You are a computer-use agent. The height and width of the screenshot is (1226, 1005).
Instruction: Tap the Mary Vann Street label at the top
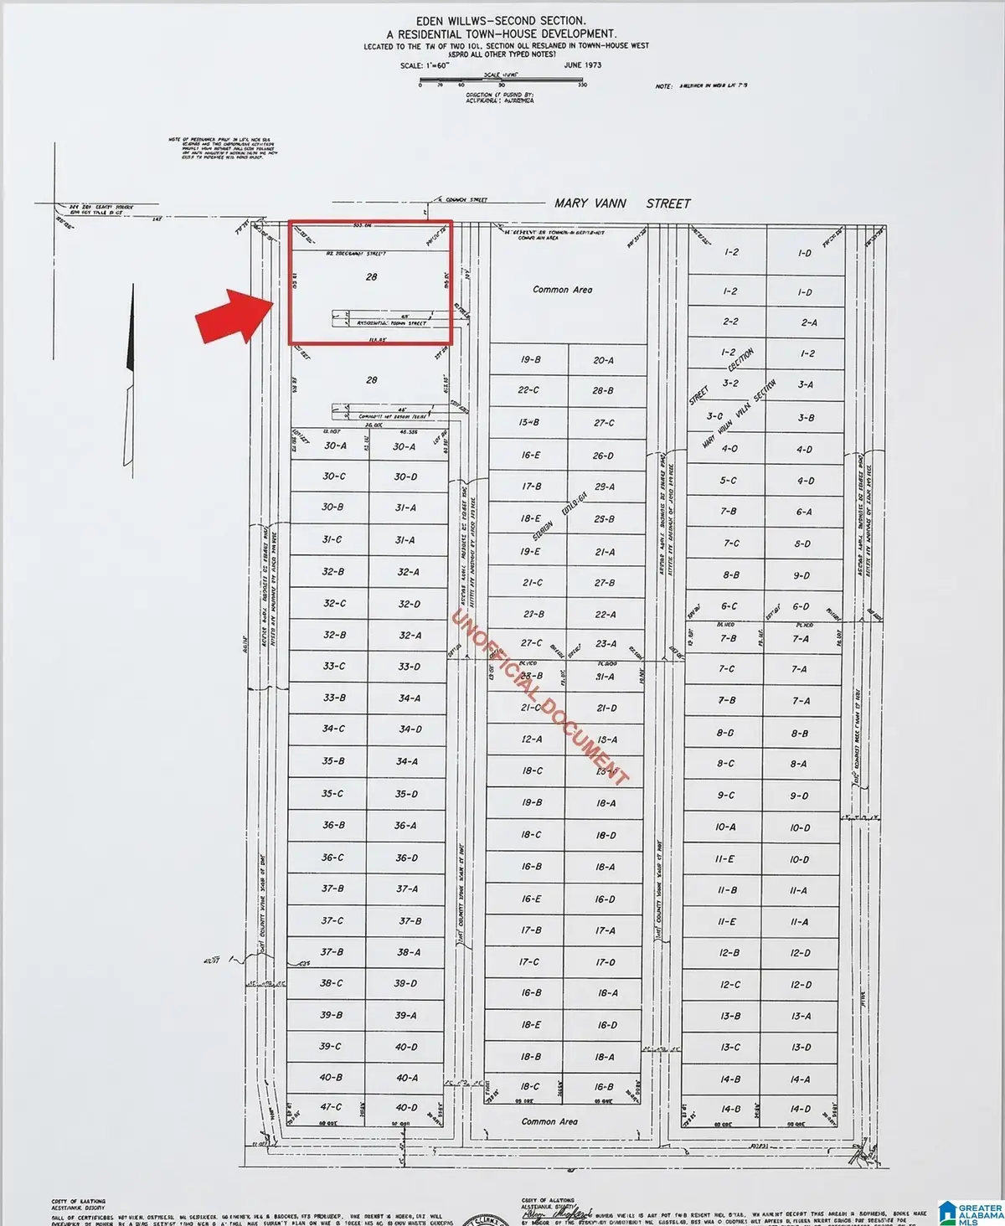pos(622,203)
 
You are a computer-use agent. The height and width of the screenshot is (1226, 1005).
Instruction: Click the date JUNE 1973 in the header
pos(582,64)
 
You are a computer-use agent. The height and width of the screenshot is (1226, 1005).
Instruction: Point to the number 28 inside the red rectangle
pos(371,276)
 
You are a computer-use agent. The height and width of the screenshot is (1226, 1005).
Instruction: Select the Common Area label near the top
pos(562,290)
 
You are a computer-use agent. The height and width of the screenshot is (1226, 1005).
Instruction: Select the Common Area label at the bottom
pos(549,1121)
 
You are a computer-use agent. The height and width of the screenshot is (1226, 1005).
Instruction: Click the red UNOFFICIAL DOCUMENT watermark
pos(540,698)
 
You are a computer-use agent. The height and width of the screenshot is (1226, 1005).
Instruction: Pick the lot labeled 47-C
pos(331,1107)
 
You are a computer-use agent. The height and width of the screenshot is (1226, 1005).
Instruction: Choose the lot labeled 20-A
pos(603,360)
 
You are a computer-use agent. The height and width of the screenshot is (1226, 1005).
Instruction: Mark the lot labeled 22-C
pos(528,390)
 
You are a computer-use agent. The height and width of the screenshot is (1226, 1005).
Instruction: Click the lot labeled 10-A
pos(725,827)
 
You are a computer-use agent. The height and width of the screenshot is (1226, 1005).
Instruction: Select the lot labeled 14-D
pos(800,1109)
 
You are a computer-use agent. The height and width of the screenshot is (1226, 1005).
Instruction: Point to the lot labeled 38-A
pos(409,952)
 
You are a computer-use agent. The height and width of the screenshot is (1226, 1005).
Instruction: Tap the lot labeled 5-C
pos(728,481)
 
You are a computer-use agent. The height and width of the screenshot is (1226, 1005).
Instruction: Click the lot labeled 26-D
pos(603,456)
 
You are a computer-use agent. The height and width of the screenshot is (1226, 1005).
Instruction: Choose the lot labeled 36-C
pos(332,858)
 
